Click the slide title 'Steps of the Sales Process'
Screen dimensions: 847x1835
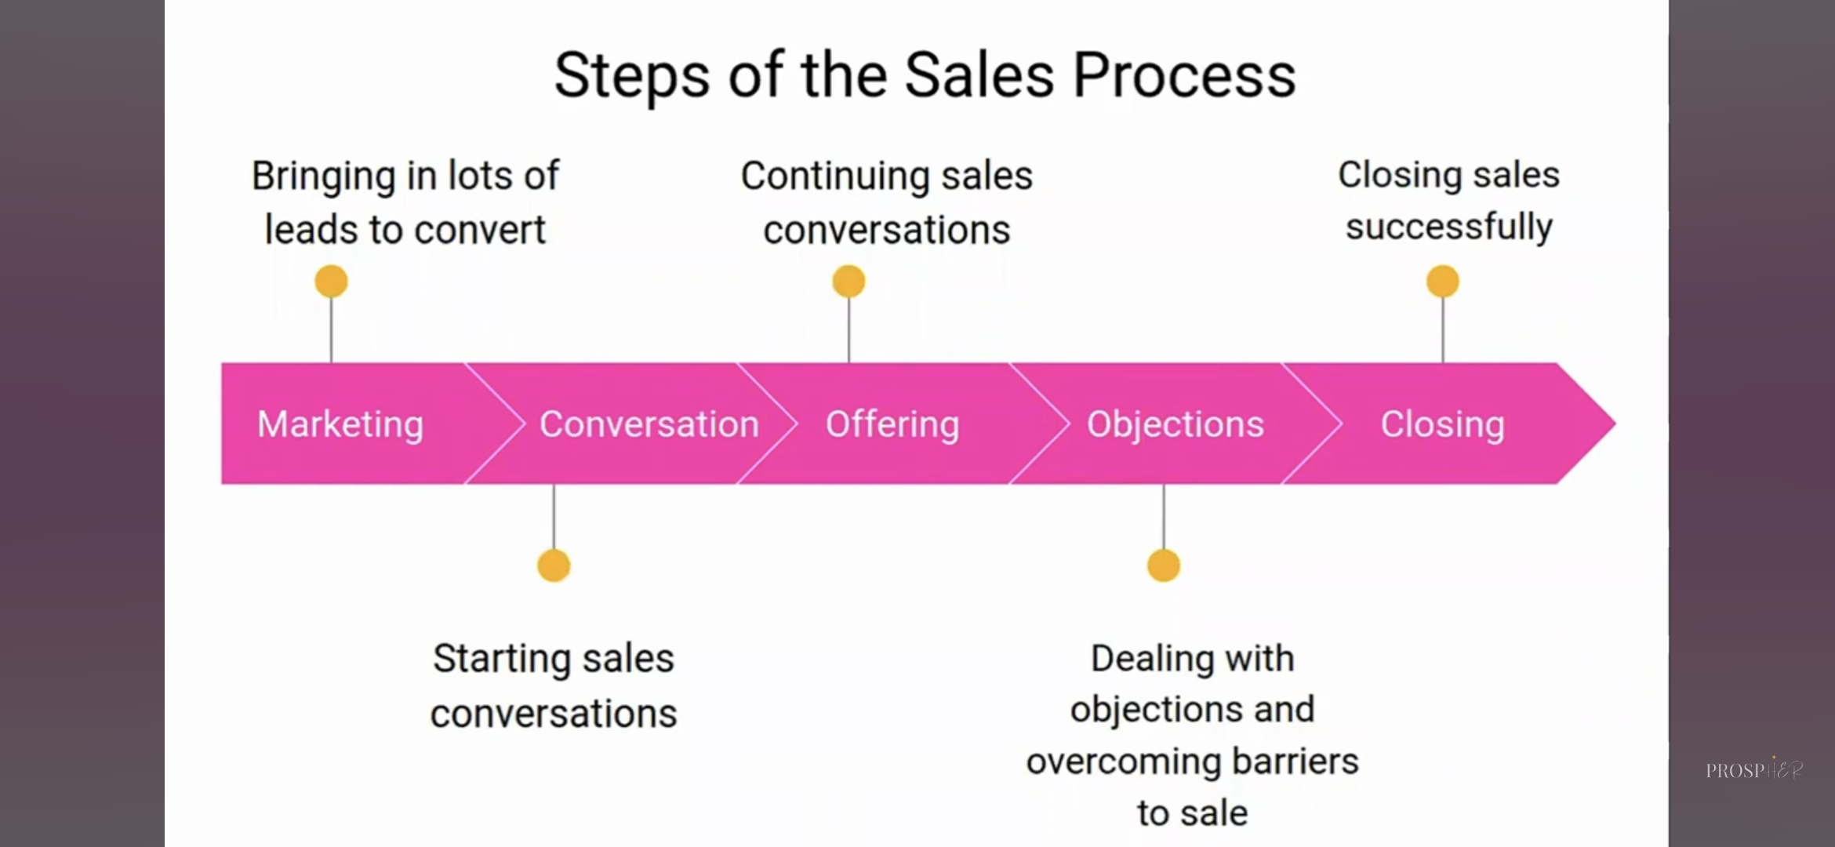pos(925,76)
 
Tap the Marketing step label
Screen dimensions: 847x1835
pos(340,424)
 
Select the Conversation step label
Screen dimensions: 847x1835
pos(649,424)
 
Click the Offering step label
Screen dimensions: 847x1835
pos(892,424)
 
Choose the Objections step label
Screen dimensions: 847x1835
pos(1175,424)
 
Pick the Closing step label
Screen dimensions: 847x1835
pos(1442,424)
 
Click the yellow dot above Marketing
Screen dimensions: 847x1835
pos(331,282)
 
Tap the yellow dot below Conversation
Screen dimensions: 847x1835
pos(554,565)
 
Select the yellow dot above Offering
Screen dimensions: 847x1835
pos(848,282)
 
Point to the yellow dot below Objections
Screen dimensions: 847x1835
pos(1163,565)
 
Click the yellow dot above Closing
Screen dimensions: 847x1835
pos(1442,282)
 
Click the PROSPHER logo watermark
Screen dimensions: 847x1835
pos(1754,769)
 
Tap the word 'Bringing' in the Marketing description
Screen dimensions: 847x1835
pos(323,176)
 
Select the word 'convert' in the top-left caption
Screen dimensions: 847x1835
pos(480,230)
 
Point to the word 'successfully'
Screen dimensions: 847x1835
pos(1448,227)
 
